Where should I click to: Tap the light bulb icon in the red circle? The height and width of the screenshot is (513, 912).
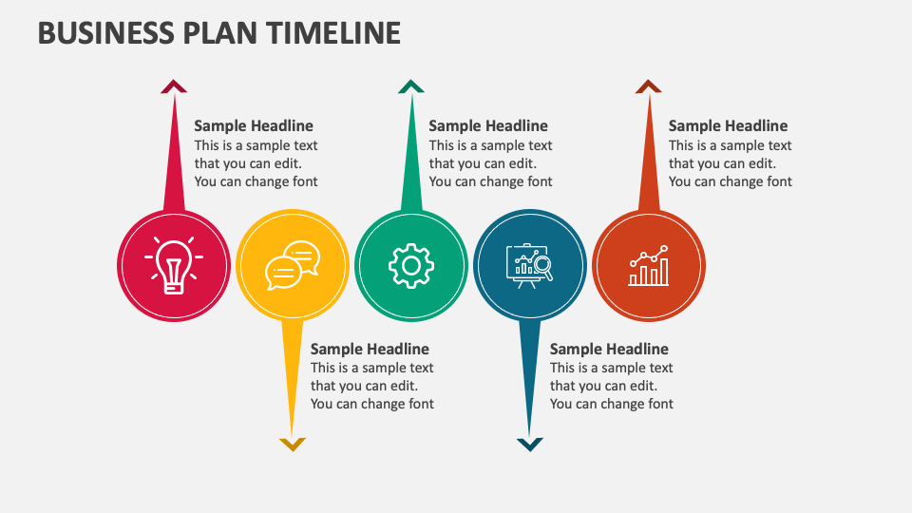point(174,264)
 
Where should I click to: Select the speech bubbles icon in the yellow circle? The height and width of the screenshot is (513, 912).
point(293,264)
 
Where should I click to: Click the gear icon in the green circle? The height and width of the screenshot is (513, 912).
point(411,265)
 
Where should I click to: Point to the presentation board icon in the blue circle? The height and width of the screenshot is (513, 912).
point(529,265)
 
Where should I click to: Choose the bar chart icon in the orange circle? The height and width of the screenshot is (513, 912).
point(648,266)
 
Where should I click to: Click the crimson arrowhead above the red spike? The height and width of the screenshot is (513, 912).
point(174,86)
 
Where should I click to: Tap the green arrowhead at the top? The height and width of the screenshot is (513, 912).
point(411,86)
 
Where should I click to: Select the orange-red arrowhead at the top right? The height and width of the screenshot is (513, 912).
point(648,86)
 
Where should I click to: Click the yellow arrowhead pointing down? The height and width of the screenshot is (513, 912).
point(293,444)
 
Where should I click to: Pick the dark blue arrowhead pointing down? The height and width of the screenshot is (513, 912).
point(529,444)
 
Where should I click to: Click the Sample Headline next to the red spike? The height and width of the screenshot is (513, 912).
point(254,125)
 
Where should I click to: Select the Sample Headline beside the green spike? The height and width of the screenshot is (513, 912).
point(488,125)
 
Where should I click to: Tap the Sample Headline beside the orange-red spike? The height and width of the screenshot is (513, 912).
point(728,125)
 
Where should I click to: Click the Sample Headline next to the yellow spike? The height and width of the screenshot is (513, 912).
point(370,349)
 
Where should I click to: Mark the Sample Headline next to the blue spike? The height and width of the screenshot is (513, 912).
point(609,349)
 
